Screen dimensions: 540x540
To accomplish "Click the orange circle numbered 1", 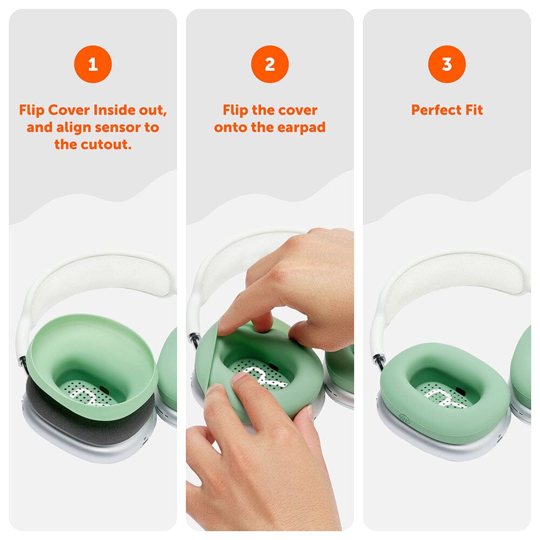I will pos(93,64).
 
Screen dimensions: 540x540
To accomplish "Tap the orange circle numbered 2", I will pos(270,64).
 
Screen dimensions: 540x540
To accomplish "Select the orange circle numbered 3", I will pos(447,64).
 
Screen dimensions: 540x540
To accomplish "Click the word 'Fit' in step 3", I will pos(474,110).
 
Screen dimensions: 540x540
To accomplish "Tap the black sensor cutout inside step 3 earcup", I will pos(461,390).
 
